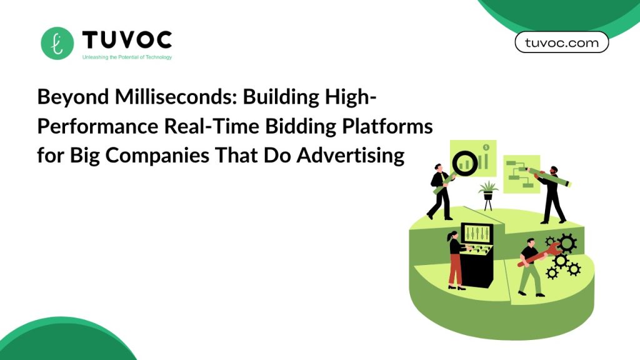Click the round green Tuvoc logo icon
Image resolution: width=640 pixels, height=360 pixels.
pos(57,43)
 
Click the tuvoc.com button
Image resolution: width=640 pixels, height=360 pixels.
pos(562,42)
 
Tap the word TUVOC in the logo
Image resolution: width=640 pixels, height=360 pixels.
pos(127,40)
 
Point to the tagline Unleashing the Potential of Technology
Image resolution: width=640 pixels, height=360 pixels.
pos(127,57)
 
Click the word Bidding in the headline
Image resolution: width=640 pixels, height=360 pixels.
pos(301,126)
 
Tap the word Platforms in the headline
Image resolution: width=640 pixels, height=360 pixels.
pos(387,126)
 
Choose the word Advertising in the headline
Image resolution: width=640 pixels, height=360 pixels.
pos(351,156)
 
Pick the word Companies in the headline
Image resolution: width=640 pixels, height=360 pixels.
pos(157,156)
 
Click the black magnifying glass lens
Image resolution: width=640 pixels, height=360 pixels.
pos(465,163)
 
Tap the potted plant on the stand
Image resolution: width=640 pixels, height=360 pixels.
pos(488,196)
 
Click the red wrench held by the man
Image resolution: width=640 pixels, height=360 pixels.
pos(538,255)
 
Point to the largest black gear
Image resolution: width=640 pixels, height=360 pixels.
pos(566,244)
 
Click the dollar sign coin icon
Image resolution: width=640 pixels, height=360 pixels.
pos(486,147)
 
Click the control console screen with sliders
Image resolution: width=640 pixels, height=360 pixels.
pos(477,234)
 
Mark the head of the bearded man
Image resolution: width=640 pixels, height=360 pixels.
pos(554,170)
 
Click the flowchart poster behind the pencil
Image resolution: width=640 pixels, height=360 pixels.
pos(521,174)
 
